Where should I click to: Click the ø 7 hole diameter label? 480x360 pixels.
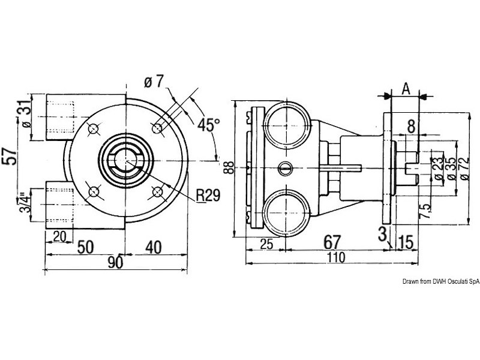(154, 82)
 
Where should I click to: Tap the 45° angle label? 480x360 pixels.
(209, 124)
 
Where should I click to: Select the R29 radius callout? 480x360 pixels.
(208, 195)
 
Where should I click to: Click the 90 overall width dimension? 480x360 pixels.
(115, 262)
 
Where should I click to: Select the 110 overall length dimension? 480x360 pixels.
(336, 257)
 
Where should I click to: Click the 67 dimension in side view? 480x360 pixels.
(332, 242)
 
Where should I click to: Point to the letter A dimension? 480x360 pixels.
(406, 89)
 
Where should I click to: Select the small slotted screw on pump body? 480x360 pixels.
(285, 168)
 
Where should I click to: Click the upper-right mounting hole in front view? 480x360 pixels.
(157, 128)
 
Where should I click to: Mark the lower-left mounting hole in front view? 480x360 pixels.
(94, 192)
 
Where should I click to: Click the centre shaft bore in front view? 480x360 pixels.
(125, 161)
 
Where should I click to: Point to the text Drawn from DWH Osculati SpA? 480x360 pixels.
(441, 281)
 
